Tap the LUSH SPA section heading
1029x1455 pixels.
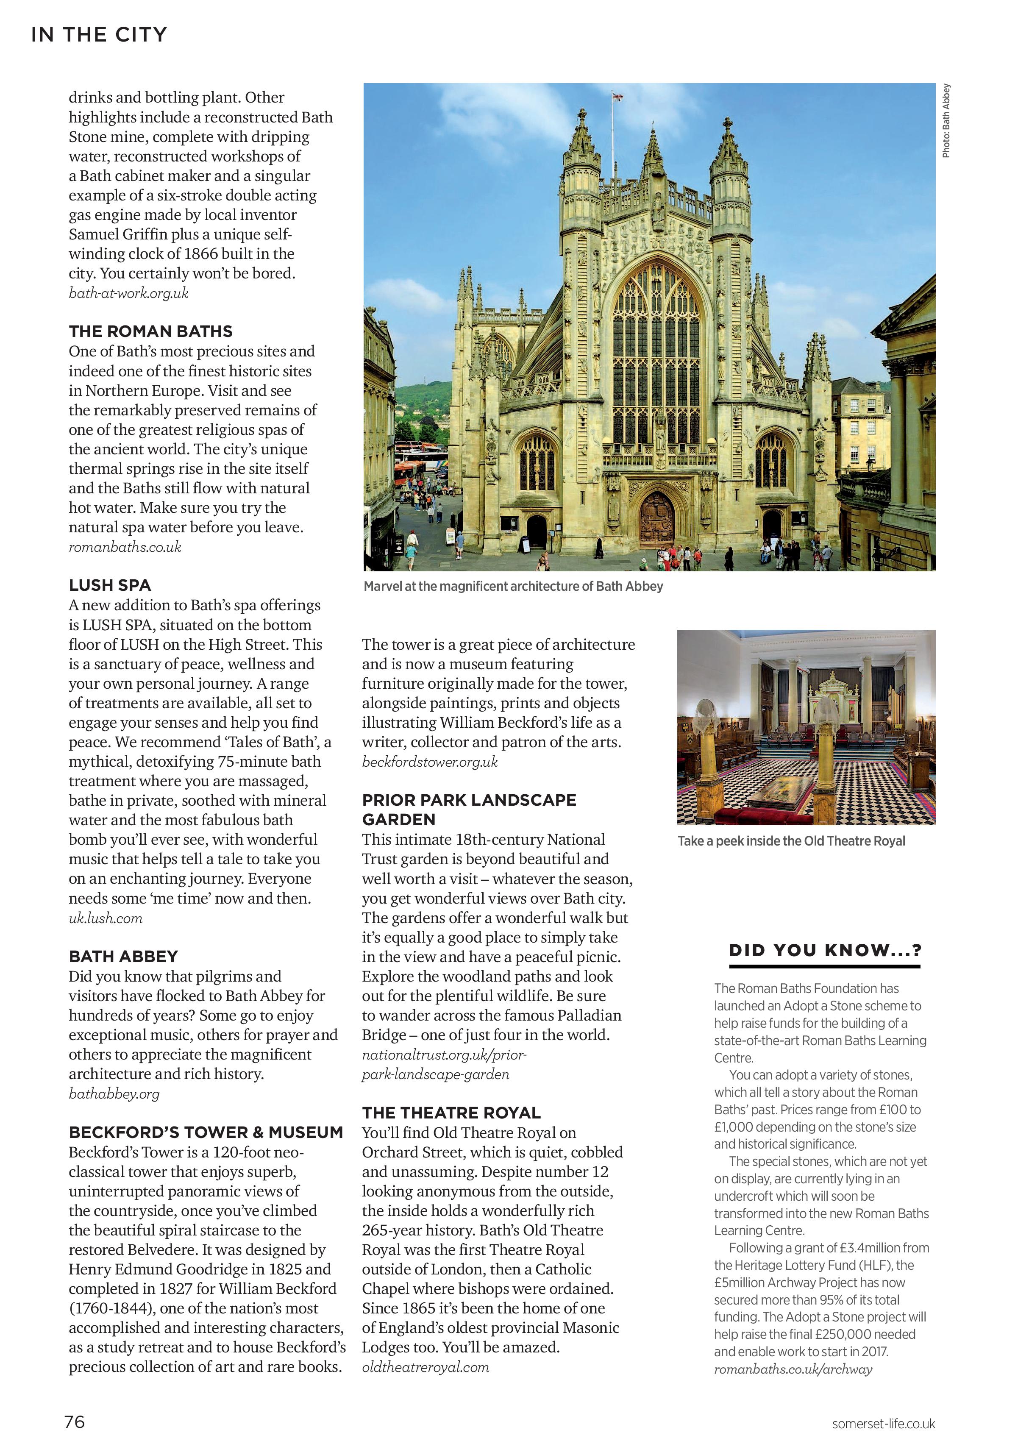tap(110, 585)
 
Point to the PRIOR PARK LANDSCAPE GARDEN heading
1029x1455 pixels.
tap(468, 809)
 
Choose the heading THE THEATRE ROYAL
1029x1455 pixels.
tap(451, 1113)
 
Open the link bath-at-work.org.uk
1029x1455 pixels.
tap(129, 293)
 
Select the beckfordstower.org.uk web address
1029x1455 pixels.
tap(430, 762)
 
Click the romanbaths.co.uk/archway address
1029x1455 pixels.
tap(793, 1369)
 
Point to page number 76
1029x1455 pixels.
tap(74, 1422)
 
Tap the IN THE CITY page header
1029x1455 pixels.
tap(99, 34)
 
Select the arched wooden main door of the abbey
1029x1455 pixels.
tap(657, 519)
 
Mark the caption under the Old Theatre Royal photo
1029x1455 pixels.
tap(791, 841)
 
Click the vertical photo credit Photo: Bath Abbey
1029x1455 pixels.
tap(946, 120)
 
